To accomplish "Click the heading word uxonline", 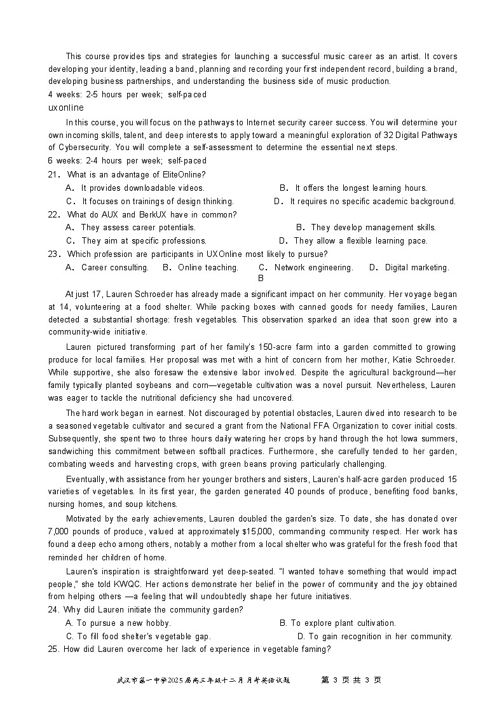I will tap(65, 107).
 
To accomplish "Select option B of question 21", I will tap(353, 188).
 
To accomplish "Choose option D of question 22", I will tap(353, 241).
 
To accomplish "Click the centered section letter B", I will tap(261, 278).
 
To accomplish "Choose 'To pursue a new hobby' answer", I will tap(118, 623).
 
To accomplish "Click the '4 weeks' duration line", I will tap(127, 95).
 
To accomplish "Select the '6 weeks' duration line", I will tap(127, 161).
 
